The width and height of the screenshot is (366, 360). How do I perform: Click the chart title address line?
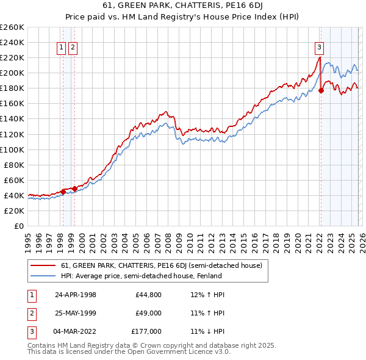183,7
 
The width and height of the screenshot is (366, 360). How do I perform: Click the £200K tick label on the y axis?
12,73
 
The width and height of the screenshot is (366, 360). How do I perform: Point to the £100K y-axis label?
12,149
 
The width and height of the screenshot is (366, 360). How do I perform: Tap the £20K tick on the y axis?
13,211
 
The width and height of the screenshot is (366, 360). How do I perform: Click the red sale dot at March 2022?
321,90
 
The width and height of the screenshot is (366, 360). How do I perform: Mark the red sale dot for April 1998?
63,192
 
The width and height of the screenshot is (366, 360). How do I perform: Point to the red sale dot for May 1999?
74,189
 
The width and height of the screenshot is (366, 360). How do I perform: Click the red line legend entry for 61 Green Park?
161,265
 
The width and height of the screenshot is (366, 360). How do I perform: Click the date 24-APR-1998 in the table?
75,295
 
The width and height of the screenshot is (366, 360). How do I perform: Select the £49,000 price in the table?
148,313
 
